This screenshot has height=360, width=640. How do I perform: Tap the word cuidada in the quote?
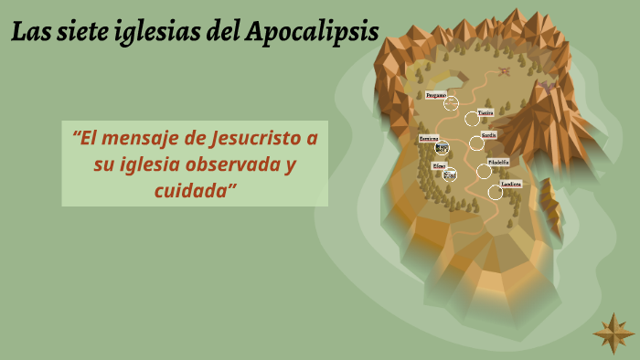[195, 190]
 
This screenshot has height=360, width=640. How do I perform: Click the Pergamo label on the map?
[436, 95]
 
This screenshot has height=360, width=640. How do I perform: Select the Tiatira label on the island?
[485, 112]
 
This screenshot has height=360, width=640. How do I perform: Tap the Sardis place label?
[489, 135]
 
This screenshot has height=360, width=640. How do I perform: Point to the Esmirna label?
[429, 138]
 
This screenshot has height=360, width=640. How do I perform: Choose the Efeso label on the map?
[439, 165]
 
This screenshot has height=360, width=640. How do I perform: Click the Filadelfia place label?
[498, 161]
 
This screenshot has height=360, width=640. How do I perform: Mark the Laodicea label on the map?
[511, 184]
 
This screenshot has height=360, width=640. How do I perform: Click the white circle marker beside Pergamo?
[451, 103]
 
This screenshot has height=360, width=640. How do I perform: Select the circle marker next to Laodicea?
[495, 192]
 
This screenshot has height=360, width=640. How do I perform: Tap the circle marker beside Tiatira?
[472, 118]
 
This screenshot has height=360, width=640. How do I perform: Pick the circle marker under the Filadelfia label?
[484, 171]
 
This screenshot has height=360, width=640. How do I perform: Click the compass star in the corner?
[613, 333]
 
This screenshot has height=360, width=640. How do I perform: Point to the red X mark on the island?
[504, 70]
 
